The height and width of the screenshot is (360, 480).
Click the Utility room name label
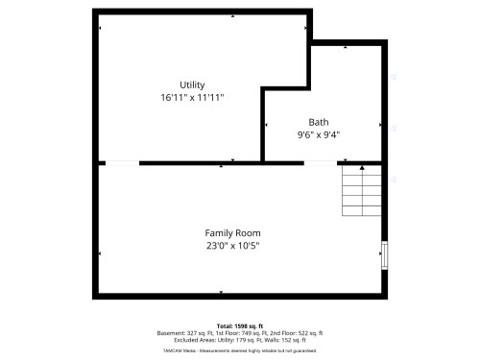point(192,85)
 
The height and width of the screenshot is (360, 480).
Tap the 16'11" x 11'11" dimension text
point(192,98)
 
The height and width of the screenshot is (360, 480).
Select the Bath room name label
point(318,122)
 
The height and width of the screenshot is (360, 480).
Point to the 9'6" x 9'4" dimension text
point(318,134)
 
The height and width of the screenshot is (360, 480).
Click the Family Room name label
point(232,233)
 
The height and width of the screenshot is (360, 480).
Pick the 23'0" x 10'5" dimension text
point(232,246)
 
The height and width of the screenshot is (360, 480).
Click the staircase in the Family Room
point(361,191)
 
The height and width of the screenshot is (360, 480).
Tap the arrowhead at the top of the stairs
point(362,168)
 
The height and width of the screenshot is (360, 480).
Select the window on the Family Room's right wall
point(385,254)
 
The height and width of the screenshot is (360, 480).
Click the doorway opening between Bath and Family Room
point(323,163)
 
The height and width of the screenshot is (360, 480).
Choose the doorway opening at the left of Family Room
point(119,163)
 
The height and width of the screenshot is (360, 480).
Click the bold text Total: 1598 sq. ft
point(239,325)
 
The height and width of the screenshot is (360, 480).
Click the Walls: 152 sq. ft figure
point(283,340)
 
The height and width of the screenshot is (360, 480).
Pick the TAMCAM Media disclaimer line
point(239,348)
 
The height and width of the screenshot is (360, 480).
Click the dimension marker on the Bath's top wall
point(348,46)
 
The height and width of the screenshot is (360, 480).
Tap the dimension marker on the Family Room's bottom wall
point(222,292)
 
